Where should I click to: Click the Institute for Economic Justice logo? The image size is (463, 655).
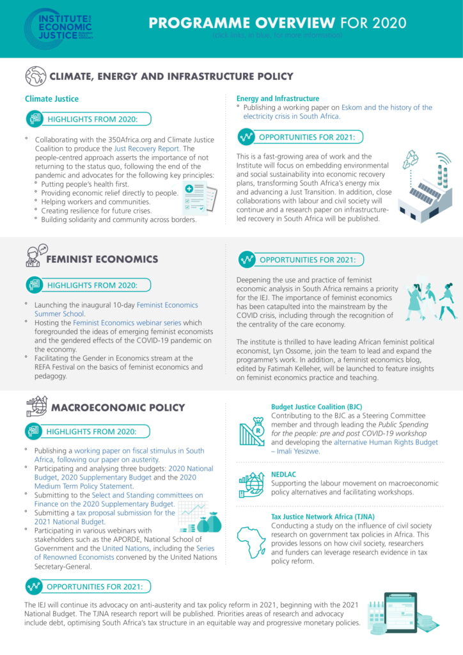[58, 29]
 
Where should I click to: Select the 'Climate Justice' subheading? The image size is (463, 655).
[52, 99]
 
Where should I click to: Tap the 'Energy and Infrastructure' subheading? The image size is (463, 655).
[278, 99]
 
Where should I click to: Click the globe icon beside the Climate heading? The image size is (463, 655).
[35, 77]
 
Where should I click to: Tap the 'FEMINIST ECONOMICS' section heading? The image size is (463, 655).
[102, 259]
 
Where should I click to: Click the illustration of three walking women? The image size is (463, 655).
[430, 303]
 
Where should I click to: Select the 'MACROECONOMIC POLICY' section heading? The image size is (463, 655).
[118, 407]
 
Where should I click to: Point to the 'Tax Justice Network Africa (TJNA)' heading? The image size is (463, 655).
[323, 516]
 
